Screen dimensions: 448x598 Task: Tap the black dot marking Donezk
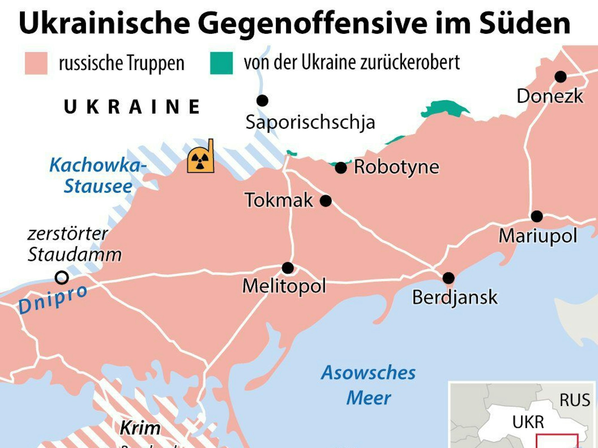[560, 77]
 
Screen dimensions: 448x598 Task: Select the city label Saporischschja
[310, 122]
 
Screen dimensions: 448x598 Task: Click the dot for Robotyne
[341, 168]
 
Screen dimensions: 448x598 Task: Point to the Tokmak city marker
[326, 201]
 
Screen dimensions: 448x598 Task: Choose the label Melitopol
[284, 286]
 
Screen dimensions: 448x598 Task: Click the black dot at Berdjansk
[448, 278]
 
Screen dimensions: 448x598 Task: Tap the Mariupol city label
[538, 236]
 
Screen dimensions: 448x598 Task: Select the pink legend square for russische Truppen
[36, 63]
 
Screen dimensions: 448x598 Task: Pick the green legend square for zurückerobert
[221, 63]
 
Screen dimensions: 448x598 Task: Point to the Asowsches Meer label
[368, 385]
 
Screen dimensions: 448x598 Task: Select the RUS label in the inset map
[575, 400]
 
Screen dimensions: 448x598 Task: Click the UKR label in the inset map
[528, 422]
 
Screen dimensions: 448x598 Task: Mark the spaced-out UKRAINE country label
[132, 107]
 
